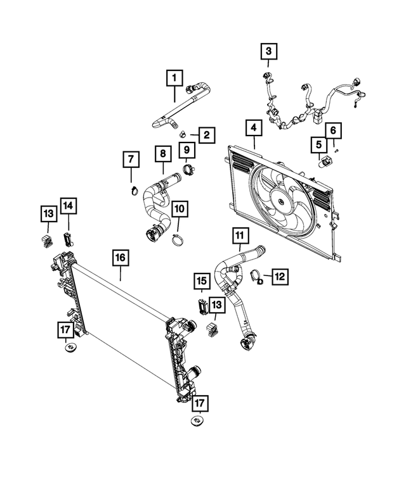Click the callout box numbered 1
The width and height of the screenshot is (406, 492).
pos(173,79)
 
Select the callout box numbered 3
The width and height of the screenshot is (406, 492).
pos(268,51)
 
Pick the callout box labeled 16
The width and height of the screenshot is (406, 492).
pos(121,258)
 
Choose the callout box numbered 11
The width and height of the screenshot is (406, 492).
pos(239,237)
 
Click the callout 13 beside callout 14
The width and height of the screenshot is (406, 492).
pos(48,215)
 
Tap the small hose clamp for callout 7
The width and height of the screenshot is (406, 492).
pos(133,189)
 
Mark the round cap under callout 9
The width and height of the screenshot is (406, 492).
pos(188,169)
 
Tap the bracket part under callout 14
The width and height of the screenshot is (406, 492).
pos(69,239)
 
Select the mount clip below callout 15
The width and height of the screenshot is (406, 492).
pos(202,306)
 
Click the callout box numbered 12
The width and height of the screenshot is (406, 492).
pos(280,275)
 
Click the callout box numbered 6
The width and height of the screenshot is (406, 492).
pos(334,131)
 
